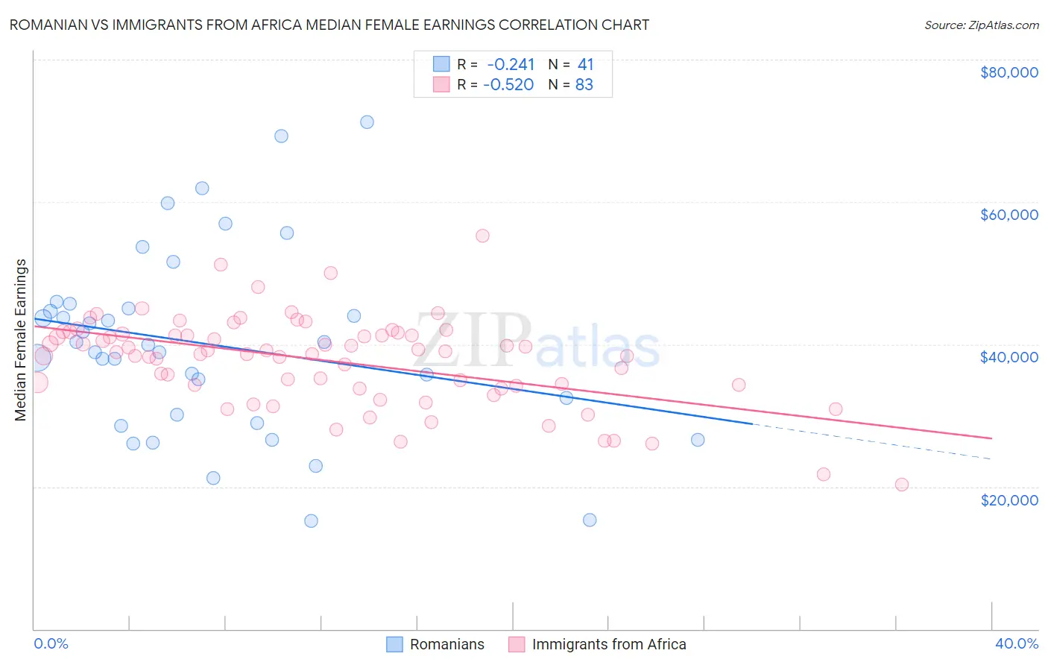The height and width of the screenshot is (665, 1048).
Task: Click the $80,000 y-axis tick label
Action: [1008, 72]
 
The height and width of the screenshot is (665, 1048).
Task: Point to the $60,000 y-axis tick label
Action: [1008, 215]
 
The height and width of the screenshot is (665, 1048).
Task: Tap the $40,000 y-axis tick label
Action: [1008, 357]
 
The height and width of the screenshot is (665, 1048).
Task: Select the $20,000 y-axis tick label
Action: [1008, 499]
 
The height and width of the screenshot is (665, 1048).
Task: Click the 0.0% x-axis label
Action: [51, 643]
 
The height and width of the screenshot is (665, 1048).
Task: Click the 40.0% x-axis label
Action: [1016, 643]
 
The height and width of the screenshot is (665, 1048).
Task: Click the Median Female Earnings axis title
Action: [21, 340]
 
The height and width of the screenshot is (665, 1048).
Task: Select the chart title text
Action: [329, 25]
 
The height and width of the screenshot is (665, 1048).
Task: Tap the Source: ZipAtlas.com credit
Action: [981, 25]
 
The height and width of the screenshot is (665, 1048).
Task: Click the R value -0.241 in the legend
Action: [511, 64]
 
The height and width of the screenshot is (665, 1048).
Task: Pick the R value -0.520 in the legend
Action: [508, 85]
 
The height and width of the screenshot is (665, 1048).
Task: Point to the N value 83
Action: [584, 85]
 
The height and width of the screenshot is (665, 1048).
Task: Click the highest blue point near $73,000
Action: [367, 122]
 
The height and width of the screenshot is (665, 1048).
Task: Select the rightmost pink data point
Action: [902, 485]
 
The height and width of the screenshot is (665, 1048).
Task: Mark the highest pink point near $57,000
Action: [482, 236]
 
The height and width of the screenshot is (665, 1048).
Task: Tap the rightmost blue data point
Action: [698, 440]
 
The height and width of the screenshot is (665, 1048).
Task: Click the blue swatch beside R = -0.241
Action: [441, 64]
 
